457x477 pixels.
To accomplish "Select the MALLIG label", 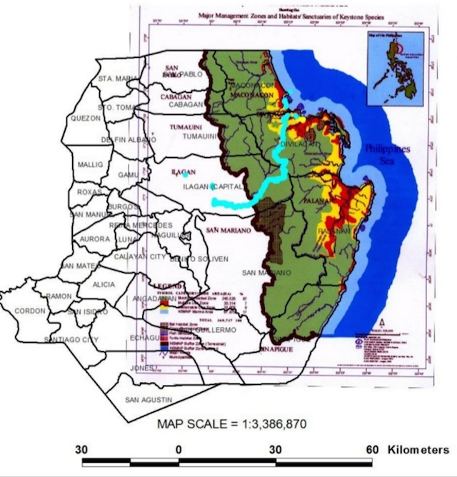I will click(90, 165).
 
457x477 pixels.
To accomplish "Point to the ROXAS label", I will click(90, 192).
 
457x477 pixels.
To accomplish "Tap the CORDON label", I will click(31, 311).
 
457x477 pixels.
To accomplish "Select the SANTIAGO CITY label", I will click(71, 339).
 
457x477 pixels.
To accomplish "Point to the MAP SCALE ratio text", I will click(232, 424).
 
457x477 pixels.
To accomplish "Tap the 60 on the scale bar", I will click(371, 450).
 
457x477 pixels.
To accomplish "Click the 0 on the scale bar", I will click(179, 450).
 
